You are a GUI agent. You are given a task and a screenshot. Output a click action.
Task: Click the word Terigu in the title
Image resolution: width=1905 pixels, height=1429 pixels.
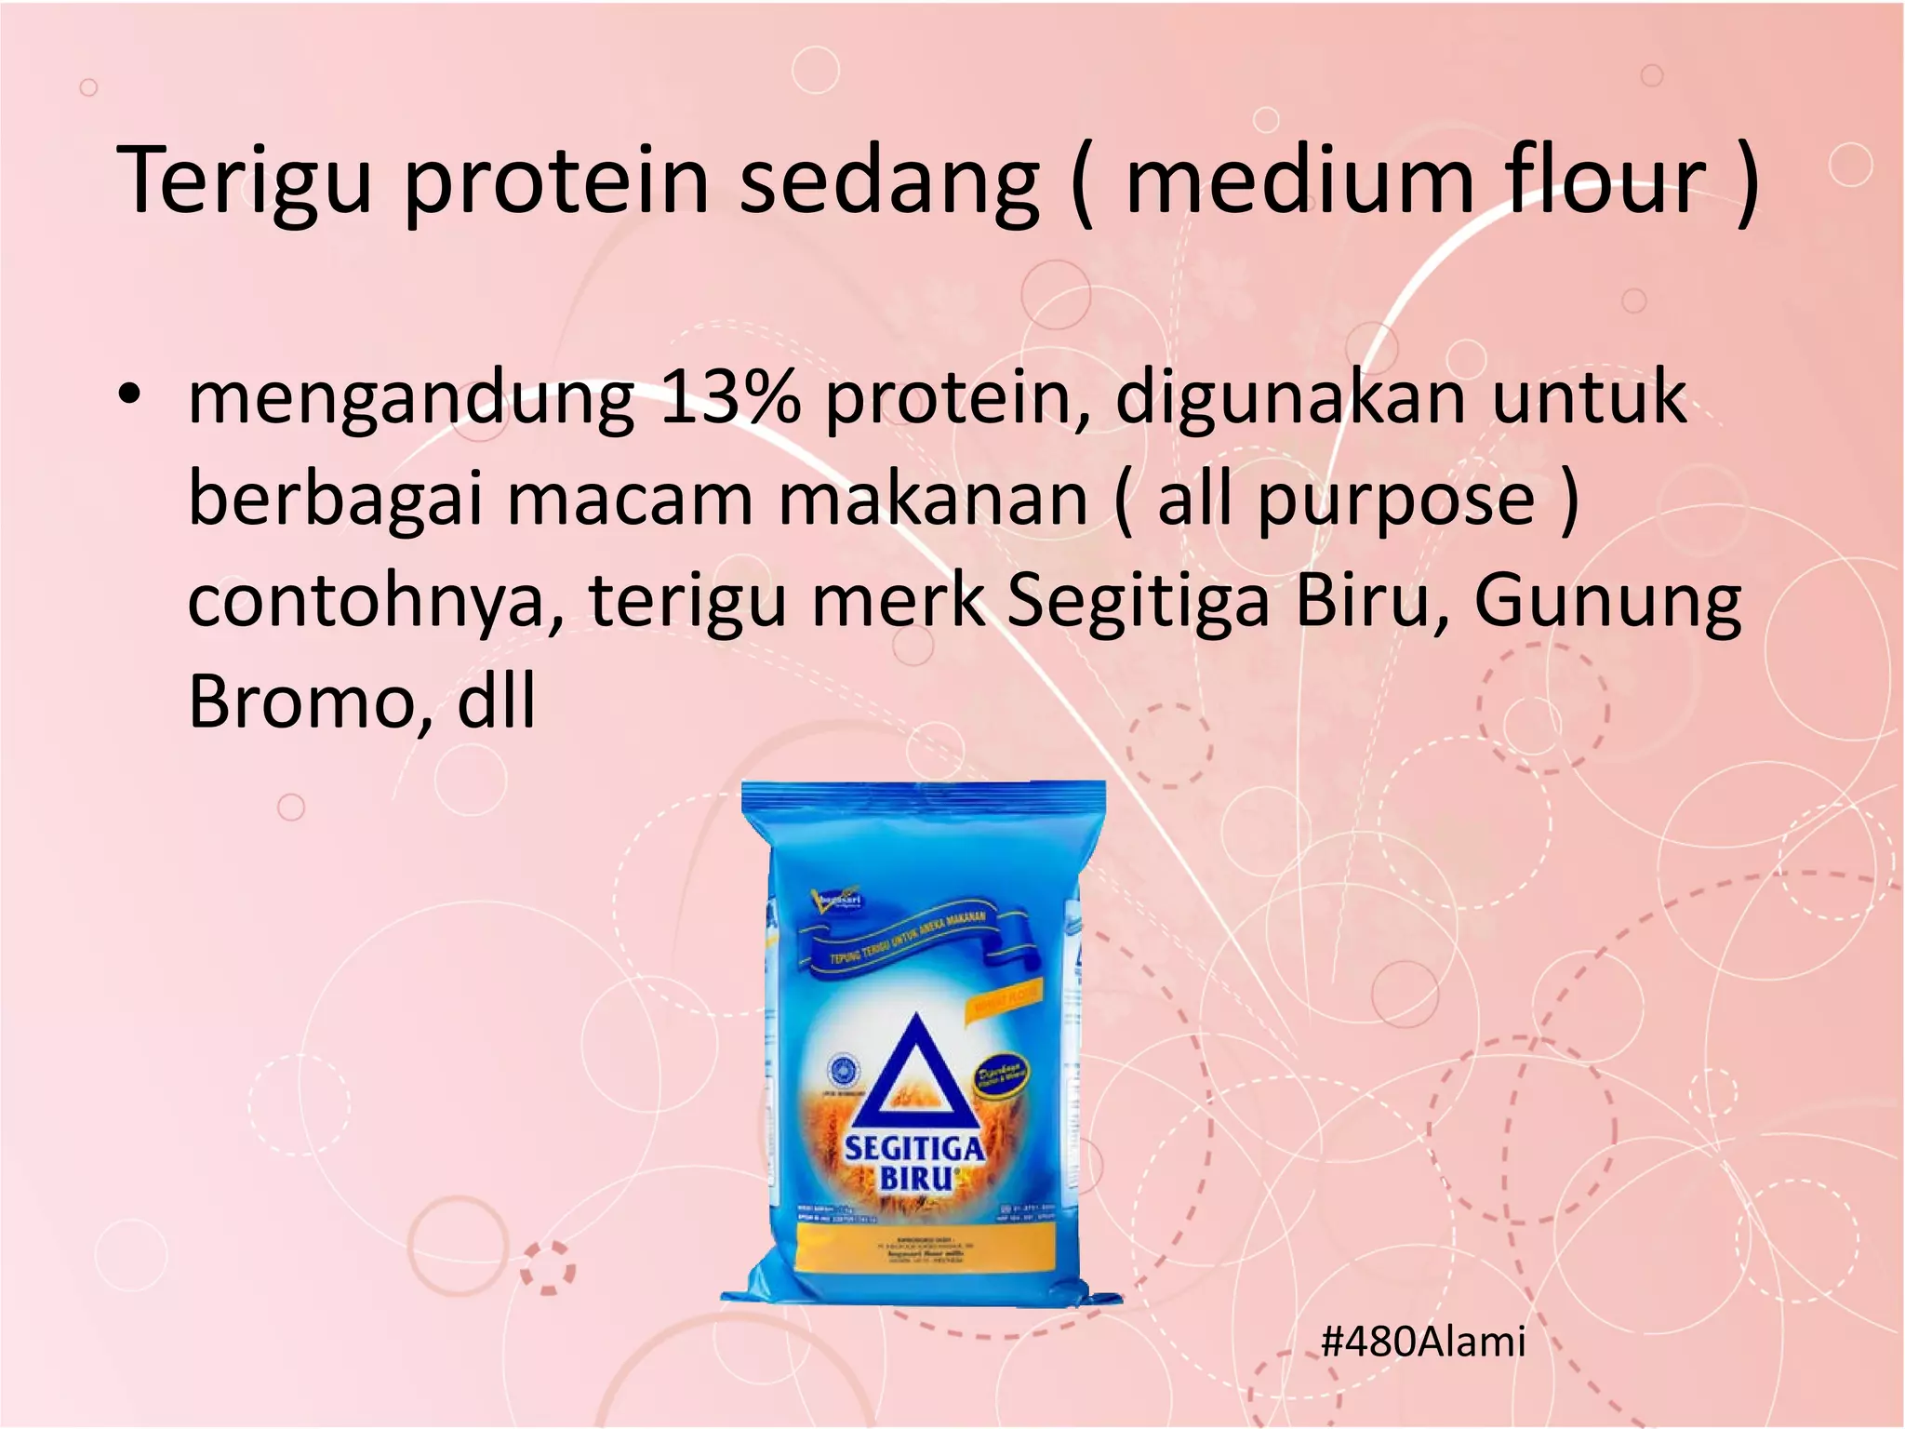(x=244, y=180)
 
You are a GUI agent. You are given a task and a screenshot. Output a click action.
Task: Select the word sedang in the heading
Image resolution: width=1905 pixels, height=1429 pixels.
(x=888, y=180)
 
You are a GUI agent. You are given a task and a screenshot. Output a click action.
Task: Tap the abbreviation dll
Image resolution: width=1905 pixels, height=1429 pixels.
(x=496, y=701)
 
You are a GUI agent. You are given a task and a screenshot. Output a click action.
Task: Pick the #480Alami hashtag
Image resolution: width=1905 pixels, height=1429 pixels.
(x=1422, y=1342)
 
